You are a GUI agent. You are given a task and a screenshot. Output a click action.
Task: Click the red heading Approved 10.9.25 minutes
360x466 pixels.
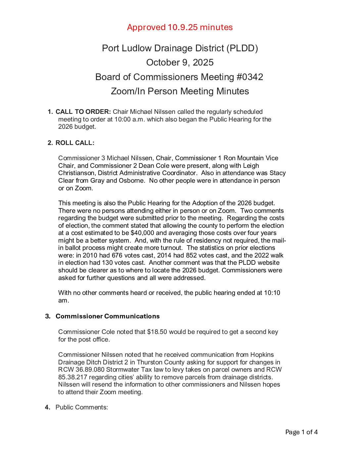coord(180,27)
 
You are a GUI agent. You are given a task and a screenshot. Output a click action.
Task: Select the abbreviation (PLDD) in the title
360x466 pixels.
coord(242,48)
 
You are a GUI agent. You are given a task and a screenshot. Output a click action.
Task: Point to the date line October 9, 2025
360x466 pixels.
coord(180,63)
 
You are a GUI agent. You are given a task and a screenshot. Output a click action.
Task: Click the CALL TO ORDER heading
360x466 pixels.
coord(83,112)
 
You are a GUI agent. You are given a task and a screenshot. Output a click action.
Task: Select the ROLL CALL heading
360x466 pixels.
coord(75,143)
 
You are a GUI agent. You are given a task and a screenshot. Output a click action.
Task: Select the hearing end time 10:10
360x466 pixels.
coord(272,293)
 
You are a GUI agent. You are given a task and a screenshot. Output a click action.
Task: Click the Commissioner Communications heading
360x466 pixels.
coord(108,316)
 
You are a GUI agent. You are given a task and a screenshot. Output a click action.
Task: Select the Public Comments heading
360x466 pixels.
coord(81,407)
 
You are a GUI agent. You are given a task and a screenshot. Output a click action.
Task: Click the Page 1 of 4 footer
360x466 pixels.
coord(301,432)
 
